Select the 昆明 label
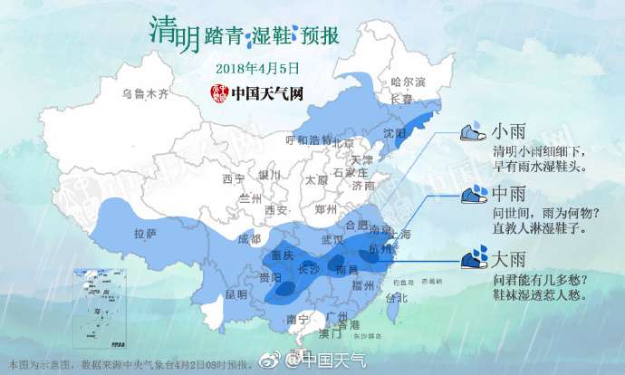pyautogui.click(x=236, y=294)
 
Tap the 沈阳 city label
pyautogui.click(x=394, y=132)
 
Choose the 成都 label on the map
pyautogui.click(x=248, y=239)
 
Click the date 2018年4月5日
pyautogui.click(x=258, y=68)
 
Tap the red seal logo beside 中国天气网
pyautogui.click(x=217, y=92)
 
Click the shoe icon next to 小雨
pyautogui.click(x=473, y=132)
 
